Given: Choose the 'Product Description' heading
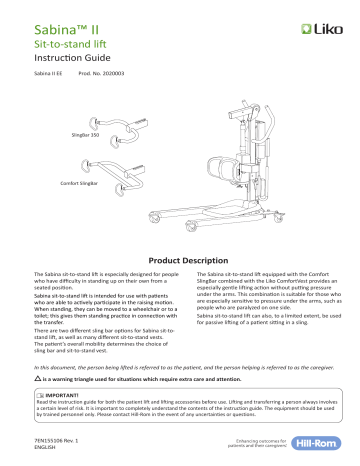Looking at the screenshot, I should click(179, 255).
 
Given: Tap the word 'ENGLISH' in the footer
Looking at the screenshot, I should click(46, 445).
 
